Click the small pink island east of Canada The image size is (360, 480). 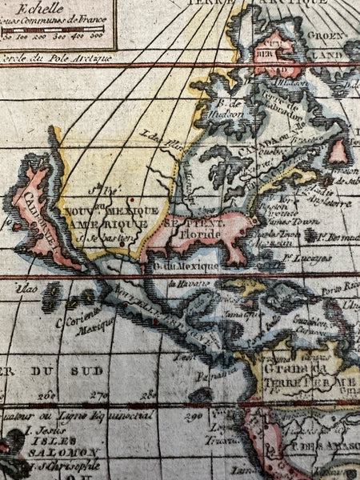tap(338, 151)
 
